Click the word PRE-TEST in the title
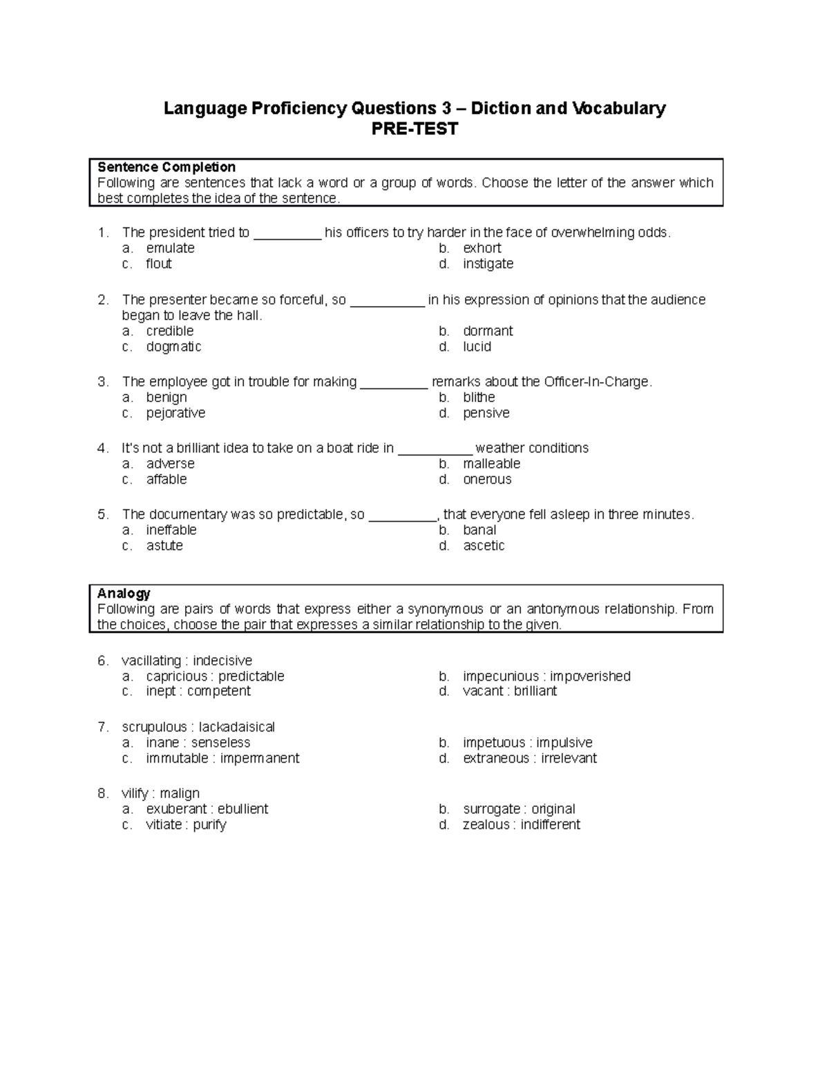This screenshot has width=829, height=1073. pos(414,129)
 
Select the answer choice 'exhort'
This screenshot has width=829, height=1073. pos(482,248)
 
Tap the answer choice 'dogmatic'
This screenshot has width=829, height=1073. pos(173,347)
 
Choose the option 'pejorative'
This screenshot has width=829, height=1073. pos(175,413)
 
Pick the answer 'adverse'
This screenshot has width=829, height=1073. pos(170,464)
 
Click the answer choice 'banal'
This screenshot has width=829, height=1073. pos(479,530)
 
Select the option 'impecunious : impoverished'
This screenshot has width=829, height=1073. pos(546,676)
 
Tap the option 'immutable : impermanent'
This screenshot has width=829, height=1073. pos(222,759)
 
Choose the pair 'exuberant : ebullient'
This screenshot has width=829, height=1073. pos(207,809)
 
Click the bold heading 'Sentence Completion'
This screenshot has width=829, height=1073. pos(166,167)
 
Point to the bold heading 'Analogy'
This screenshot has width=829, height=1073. pos(124,594)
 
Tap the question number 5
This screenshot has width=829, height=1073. pos(103,515)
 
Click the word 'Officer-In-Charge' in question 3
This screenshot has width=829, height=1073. pos(597,382)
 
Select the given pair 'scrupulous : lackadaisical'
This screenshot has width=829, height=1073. pos(198,728)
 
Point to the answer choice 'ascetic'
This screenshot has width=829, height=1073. pos(484,546)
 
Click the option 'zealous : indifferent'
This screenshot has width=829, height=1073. pos(521,825)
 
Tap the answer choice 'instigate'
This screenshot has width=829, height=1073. pos(488,264)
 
